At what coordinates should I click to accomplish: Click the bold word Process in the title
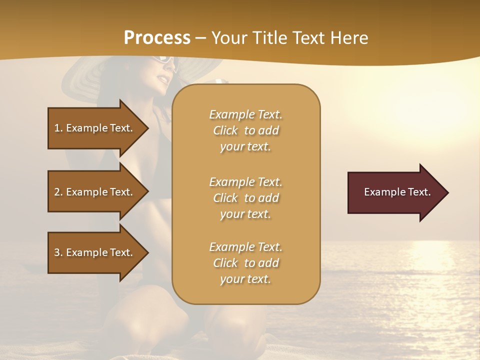pyautogui.click(x=157, y=38)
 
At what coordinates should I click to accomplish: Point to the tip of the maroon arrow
pyautogui.click(x=446, y=192)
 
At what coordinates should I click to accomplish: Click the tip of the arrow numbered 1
pyautogui.click(x=147, y=128)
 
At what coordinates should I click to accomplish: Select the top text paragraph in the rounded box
pyautogui.click(x=245, y=130)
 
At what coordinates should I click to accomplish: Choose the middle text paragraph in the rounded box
pyautogui.click(x=245, y=198)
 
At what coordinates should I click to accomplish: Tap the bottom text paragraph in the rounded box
pyautogui.click(x=245, y=263)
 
